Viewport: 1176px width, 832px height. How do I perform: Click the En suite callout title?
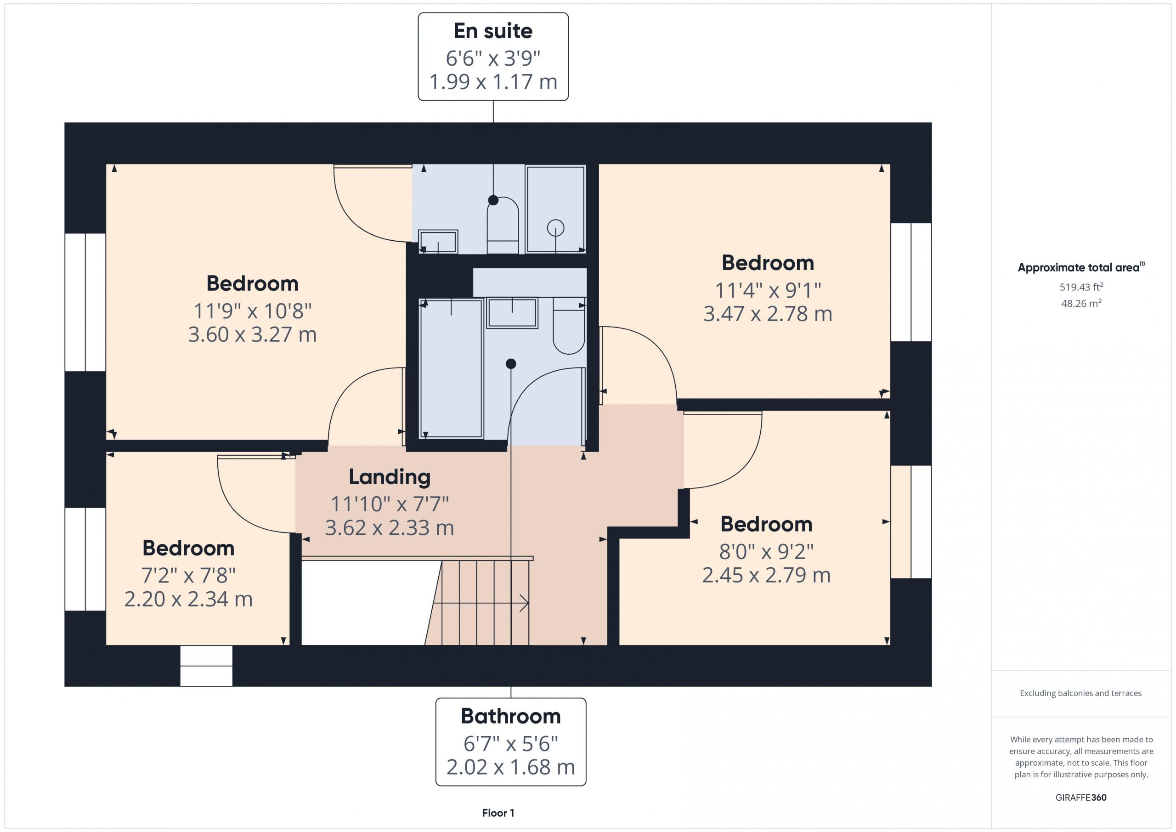point(493,31)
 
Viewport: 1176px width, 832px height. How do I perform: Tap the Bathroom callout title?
point(511,716)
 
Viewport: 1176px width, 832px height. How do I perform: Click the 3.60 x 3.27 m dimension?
point(253,334)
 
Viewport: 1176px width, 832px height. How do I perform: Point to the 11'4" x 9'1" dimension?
point(768,290)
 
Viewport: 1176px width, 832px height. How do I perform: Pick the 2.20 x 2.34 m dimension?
point(188,600)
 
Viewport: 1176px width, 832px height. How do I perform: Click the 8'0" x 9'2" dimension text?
point(766,552)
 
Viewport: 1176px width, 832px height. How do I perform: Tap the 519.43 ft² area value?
point(1081,287)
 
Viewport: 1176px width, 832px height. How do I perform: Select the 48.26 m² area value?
point(1081,303)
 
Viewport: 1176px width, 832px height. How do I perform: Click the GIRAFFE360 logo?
point(1081,798)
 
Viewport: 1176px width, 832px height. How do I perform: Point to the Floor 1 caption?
point(498,813)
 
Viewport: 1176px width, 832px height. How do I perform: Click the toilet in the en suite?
point(503,225)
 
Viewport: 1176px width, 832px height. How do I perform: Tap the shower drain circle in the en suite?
point(556,227)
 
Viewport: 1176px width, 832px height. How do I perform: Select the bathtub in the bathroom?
point(451,369)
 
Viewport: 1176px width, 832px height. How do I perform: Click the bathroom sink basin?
point(512,313)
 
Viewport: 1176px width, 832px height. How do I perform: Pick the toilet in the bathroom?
point(569,326)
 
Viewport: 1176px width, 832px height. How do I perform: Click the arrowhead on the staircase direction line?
point(525,603)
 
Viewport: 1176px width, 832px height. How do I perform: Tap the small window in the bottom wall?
point(206,666)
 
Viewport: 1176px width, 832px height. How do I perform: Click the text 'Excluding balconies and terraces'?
point(1081,694)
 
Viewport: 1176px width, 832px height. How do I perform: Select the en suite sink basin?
point(438,241)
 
